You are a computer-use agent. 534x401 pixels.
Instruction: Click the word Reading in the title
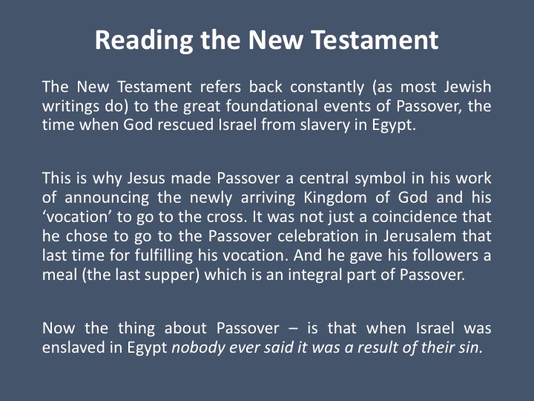point(144,41)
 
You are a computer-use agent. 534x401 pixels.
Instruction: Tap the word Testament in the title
point(375,40)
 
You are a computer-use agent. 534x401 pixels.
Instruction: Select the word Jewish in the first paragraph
point(467,87)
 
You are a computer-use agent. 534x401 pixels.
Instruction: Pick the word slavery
point(325,125)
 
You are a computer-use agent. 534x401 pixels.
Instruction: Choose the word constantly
point(327,88)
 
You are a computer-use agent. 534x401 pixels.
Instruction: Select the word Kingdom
point(335,198)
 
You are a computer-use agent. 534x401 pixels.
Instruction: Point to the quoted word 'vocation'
point(76,217)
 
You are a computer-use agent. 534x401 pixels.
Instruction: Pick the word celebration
point(318,236)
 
